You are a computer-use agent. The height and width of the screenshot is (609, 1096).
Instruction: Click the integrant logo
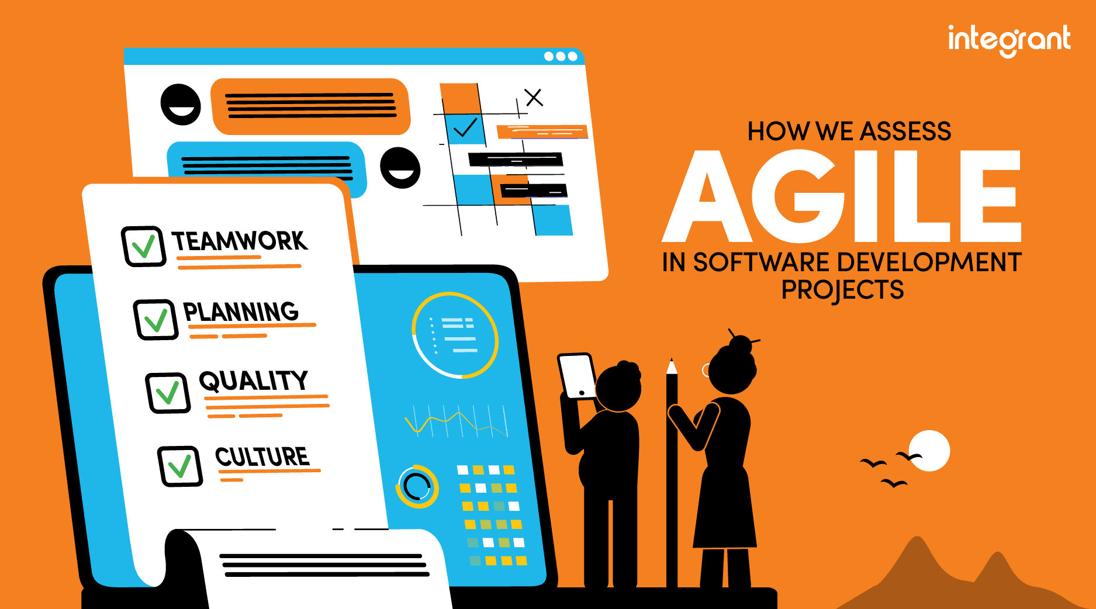(x=1009, y=40)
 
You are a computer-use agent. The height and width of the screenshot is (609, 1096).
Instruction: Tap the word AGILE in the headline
(x=842, y=196)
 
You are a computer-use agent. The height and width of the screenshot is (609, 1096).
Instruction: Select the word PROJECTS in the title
(x=842, y=290)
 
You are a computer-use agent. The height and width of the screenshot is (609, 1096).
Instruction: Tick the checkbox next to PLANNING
(x=155, y=320)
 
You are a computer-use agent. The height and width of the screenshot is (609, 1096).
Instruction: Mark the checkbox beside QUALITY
(x=168, y=393)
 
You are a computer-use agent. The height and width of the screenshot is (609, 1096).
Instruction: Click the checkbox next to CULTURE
(x=180, y=466)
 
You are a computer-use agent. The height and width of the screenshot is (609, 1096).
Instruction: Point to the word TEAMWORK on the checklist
(x=240, y=241)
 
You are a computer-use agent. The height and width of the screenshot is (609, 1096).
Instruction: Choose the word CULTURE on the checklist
(x=262, y=456)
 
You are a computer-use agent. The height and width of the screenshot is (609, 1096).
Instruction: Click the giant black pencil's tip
(x=672, y=366)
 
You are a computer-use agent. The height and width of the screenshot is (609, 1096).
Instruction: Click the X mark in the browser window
(x=534, y=97)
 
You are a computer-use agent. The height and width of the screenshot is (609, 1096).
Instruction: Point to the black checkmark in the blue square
(x=465, y=127)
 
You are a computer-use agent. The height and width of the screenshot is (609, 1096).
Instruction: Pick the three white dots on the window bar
(x=561, y=56)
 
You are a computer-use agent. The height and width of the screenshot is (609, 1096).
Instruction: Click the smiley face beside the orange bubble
(x=181, y=105)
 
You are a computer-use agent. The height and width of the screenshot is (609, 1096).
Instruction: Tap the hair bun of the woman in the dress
(x=741, y=344)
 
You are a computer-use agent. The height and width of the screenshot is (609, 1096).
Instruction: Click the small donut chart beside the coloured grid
(x=417, y=486)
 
